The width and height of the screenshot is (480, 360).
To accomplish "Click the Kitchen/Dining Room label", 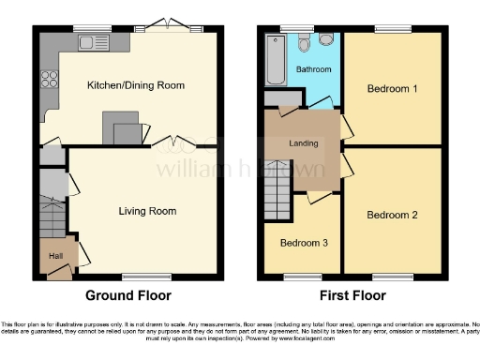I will [x=135, y=85].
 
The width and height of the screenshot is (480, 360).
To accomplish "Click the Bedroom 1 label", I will [x=391, y=89].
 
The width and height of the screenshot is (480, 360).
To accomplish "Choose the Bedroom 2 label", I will [x=391, y=215].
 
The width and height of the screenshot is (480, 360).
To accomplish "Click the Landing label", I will [x=303, y=143].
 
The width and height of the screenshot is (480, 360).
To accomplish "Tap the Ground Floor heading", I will [x=128, y=295].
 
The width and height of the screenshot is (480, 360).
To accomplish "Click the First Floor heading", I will [x=354, y=295].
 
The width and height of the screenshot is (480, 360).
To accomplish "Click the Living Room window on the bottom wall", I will [x=141, y=276].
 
